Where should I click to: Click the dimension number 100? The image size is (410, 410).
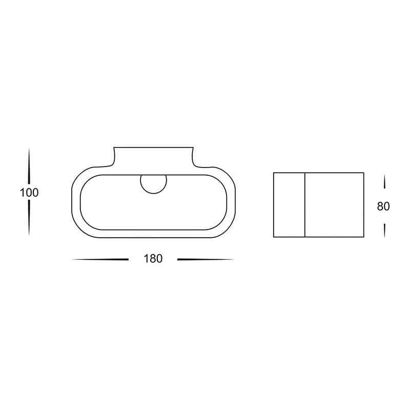tap(29, 193)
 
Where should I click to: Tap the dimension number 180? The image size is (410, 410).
tap(153, 259)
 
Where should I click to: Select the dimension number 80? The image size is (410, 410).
tap(383, 207)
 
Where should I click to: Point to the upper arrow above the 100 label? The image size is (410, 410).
tap(29, 166)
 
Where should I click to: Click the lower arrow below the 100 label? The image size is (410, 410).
tap(29, 218)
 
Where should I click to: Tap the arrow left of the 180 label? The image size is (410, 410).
tap(100, 259)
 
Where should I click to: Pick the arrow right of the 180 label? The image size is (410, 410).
tap(206, 259)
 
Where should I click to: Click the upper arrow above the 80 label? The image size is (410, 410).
tap(384, 182)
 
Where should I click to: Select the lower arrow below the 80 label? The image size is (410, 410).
tap(384, 231)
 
